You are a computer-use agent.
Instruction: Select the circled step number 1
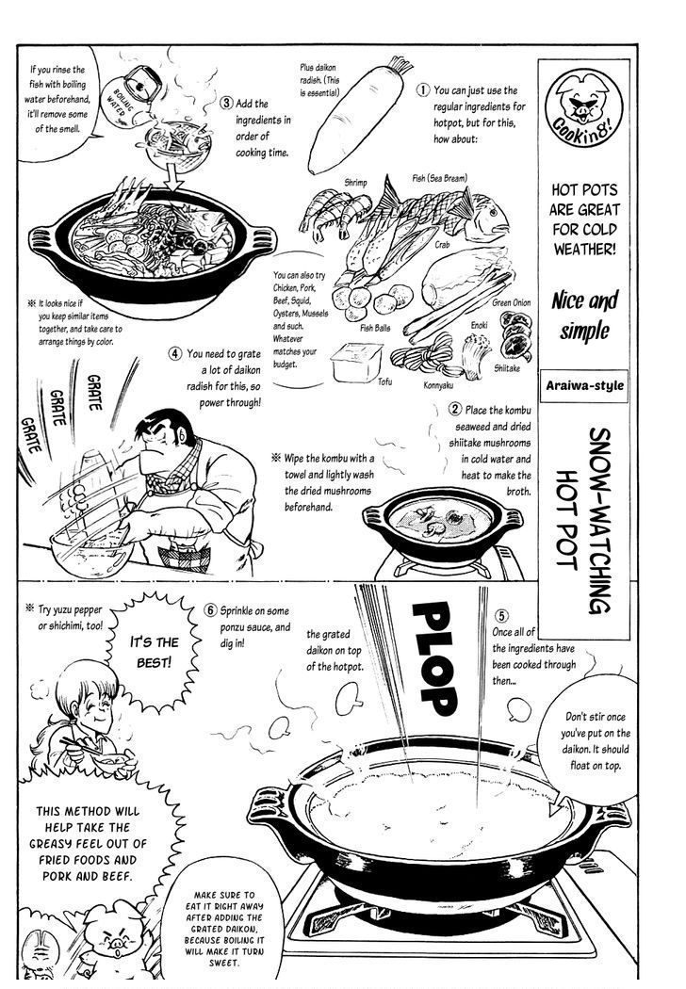pyautogui.click(x=424, y=90)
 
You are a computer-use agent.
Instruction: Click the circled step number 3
pyautogui.click(x=226, y=104)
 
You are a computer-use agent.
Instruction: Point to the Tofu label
pyautogui.click(x=384, y=381)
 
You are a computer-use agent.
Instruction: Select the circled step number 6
pyautogui.click(x=211, y=609)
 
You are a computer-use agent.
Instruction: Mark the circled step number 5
pyautogui.click(x=502, y=613)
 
